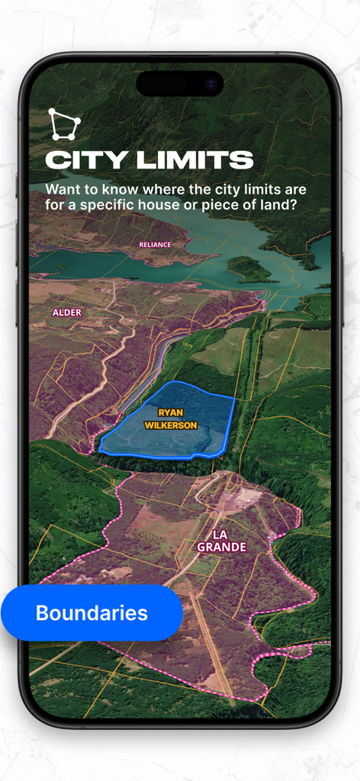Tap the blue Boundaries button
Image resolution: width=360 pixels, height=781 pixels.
[92, 613]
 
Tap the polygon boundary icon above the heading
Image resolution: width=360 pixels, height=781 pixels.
[63, 124]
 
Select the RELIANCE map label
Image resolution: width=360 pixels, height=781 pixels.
[155, 245]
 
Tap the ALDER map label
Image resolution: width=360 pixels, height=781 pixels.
[66, 313]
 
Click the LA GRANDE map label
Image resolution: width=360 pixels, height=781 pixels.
[221, 541]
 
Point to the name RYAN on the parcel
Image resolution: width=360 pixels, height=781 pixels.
[171, 413]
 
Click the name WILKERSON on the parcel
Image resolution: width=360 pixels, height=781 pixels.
[171, 425]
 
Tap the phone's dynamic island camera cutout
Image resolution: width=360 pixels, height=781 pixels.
[180, 83]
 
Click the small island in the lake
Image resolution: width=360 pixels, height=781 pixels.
[250, 268]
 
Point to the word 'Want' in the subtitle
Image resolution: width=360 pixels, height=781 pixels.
[63, 188]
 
